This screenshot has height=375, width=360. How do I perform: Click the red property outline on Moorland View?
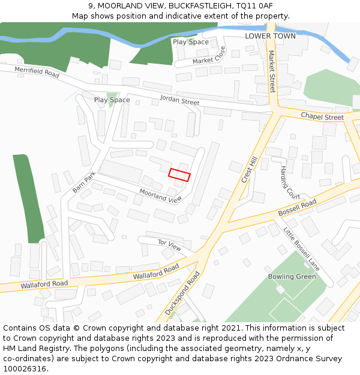point(179,175)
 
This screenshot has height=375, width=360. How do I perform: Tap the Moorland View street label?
point(160,196)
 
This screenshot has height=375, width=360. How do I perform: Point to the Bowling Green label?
point(292,277)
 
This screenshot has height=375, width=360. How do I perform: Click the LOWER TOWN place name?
point(270,36)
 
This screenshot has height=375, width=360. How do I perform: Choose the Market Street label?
point(271,71)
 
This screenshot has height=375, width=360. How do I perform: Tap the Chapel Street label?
point(322,116)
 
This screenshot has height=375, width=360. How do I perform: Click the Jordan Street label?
point(179,101)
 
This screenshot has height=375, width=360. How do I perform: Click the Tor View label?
point(169,245)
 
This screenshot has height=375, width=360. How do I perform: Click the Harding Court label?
point(290,182)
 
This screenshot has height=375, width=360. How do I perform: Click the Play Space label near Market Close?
point(191,42)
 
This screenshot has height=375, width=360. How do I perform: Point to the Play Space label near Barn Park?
point(112,100)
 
